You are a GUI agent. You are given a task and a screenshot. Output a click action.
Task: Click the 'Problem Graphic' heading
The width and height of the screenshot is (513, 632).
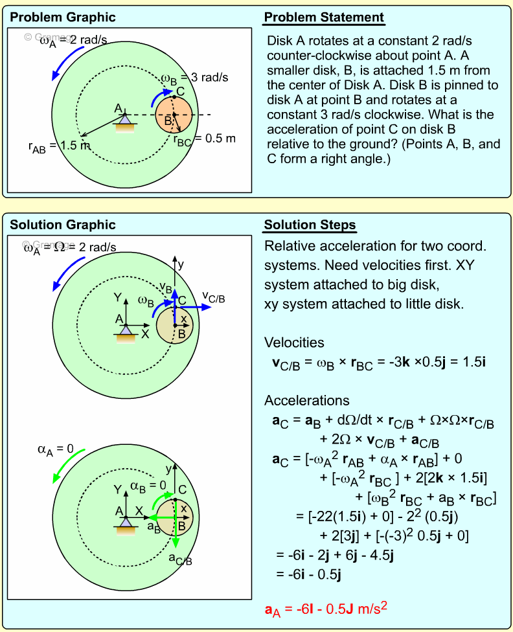point(63,17)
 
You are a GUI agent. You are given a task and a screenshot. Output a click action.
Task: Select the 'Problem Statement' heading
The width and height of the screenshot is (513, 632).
point(324,17)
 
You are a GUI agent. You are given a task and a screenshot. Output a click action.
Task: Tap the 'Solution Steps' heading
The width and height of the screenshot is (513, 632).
point(310,225)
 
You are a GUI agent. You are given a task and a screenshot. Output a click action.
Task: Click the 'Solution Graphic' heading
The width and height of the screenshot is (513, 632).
point(63,225)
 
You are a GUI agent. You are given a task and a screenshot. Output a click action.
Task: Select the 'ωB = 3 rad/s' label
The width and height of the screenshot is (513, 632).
point(194,78)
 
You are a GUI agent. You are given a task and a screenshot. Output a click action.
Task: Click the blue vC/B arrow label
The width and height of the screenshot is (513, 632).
point(213,297)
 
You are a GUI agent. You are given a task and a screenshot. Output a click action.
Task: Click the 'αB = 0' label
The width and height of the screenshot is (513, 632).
point(148,485)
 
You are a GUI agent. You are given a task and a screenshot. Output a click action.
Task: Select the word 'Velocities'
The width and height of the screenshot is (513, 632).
point(294,343)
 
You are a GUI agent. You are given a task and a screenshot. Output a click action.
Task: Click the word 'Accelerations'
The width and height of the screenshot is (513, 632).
point(306,400)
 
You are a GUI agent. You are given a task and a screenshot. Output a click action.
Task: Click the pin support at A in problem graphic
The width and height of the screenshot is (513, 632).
point(124,123)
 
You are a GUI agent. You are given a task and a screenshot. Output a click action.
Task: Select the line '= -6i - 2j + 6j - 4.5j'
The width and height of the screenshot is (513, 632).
point(336,555)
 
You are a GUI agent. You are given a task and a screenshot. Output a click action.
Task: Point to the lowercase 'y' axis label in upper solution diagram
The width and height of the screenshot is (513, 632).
point(181,264)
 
